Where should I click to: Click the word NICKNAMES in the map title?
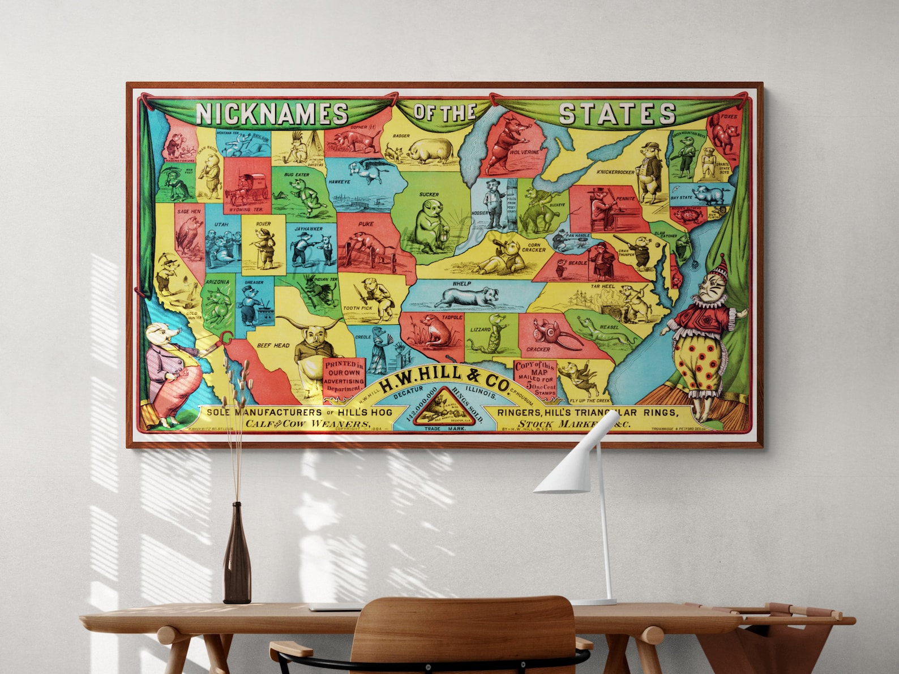point(272,113)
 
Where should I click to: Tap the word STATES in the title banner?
point(617,113)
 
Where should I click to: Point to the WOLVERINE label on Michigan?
point(524,152)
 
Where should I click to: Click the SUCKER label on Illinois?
point(429,195)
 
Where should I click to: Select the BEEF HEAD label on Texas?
point(273,345)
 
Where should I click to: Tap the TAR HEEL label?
point(603,286)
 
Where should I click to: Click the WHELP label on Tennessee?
point(461,284)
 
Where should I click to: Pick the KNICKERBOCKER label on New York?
point(615,171)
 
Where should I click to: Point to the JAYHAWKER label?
point(309,229)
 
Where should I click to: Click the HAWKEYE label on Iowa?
point(340,182)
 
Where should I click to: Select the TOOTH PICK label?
point(358,308)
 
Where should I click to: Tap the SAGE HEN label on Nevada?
point(189,212)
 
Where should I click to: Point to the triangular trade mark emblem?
point(443,405)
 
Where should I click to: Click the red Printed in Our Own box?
point(344,376)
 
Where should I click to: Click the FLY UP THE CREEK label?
point(589,401)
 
